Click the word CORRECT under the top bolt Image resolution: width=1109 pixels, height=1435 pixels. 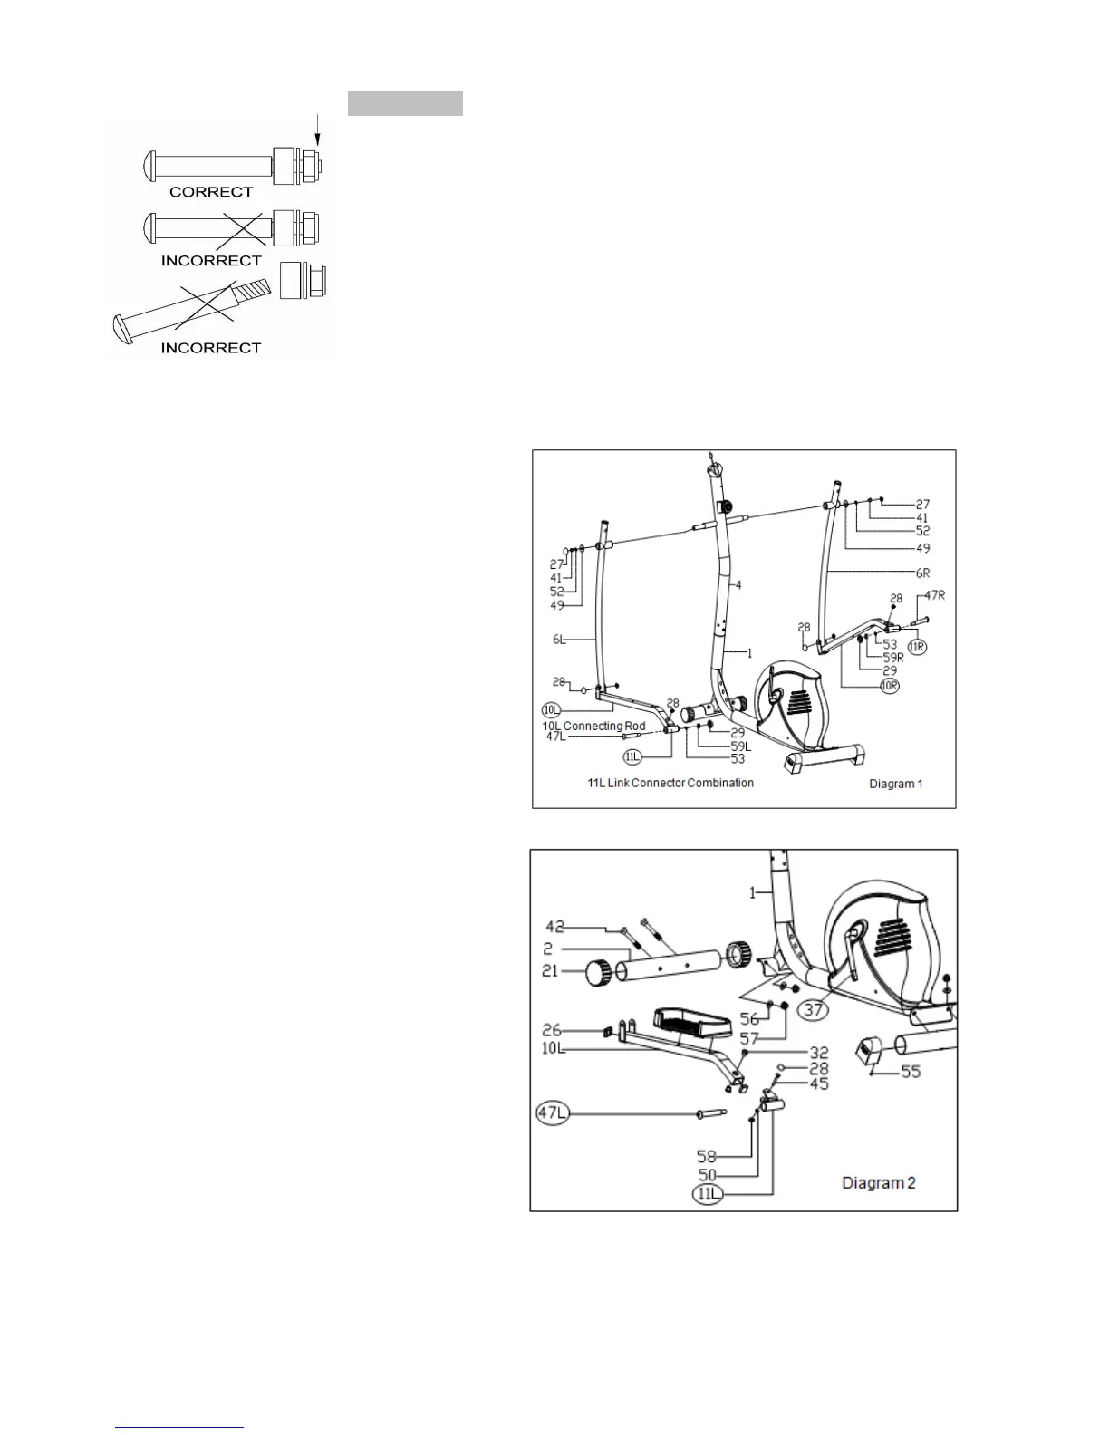pos(211,192)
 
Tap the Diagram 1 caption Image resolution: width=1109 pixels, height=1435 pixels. pos(894,784)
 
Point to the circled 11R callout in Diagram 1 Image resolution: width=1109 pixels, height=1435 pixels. pos(918,647)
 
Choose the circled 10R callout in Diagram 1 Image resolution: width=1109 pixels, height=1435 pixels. pos(889,686)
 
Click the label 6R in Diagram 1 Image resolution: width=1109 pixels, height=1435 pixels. pos(921,573)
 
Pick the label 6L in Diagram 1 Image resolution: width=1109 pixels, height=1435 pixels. pos(561,640)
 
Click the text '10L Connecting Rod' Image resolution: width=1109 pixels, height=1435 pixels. pos(593,726)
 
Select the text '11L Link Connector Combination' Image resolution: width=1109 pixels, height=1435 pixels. pos(670,783)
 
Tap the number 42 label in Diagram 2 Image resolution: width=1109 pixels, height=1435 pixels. pos(555,927)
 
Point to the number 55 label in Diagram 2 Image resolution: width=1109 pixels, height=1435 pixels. pos(910,1072)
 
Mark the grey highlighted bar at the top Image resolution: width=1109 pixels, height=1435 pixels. pos(405,103)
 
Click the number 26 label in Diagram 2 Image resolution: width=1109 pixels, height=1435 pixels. pos(553,1030)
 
